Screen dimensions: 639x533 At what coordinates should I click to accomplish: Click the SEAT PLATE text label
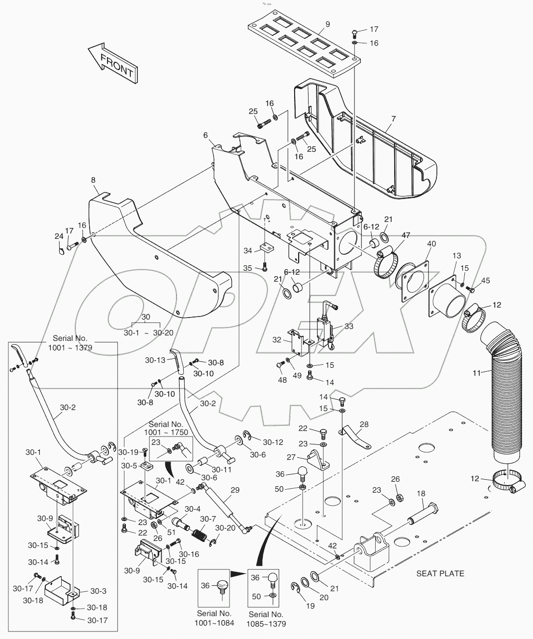[x=440, y=573]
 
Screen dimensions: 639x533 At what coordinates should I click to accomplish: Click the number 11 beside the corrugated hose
[x=477, y=372]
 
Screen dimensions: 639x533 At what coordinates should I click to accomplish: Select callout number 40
[x=431, y=244]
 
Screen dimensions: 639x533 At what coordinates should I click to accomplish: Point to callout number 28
[x=364, y=424]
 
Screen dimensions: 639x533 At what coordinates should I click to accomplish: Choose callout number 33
[x=348, y=326]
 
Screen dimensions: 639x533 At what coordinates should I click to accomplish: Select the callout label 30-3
[x=99, y=591]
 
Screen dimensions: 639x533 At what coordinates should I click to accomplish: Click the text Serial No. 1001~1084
[x=214, y=618]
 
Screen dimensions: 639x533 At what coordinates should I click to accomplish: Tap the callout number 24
[x=59, y=236]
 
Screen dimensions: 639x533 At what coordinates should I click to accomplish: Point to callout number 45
[x=485, y=281]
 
